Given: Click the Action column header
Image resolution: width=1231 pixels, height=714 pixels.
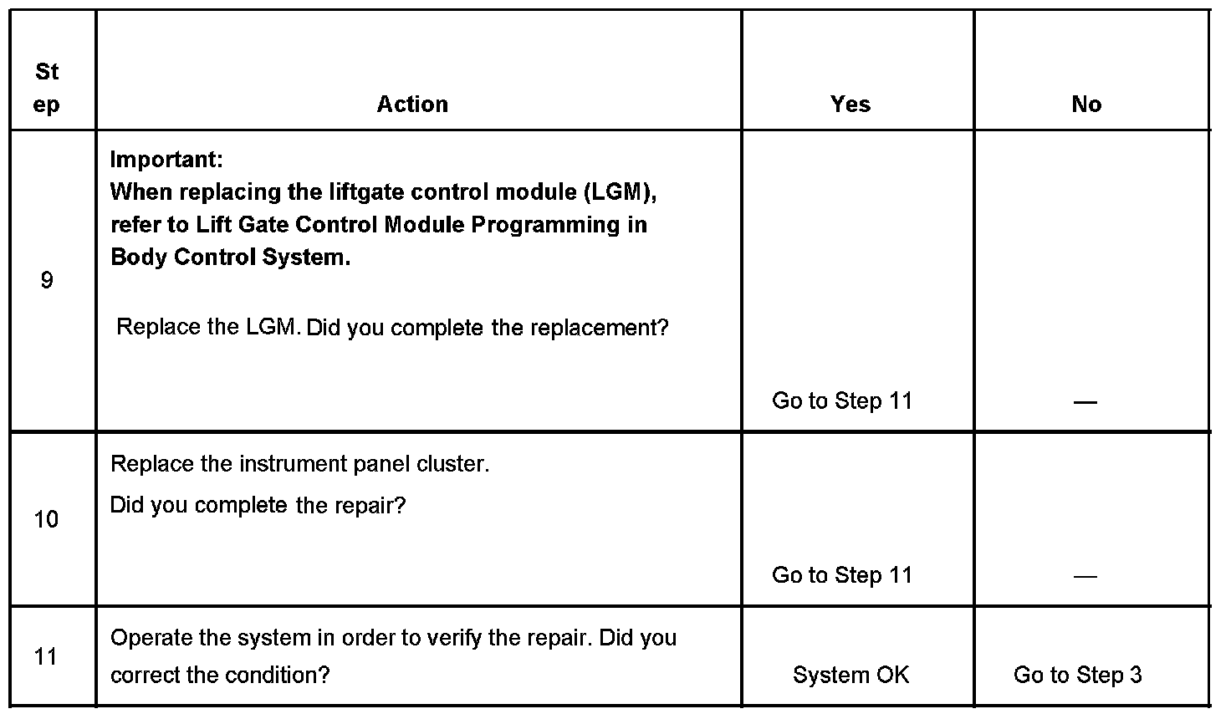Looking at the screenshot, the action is pyautogui.click(x=412, y=104).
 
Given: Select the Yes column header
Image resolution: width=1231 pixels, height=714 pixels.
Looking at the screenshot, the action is pyautogui.click(x=850, y=104).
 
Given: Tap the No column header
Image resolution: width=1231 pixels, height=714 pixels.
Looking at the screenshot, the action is pyautogui.click(x=1085, y=104).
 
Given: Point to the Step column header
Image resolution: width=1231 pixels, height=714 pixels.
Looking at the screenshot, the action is pyautogui.click(x=47, y=88).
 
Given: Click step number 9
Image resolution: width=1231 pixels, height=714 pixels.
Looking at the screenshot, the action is pyautogui.click(x=47, y=280).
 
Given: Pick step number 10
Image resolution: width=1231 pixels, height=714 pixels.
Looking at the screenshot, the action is pyautogui.click(x=46, y=519).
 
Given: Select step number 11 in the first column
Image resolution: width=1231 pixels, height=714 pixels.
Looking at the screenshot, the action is pyautogui.click(x=46, y=656).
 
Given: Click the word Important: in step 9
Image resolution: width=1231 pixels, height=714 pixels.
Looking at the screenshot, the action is pyautogui.click(x=166, y=159).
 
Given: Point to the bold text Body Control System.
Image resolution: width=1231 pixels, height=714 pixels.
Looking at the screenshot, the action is pyautogui.click(x=230, y=257).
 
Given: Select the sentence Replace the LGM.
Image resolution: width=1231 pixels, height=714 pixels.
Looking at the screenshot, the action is pyautogui.click(x=208, y=327).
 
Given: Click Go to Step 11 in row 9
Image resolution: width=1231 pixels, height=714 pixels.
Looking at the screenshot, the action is pyautogui.click(x=841, y=400).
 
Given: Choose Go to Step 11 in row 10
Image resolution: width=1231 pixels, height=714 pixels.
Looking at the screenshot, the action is pyautogui.click(x=841, y=574).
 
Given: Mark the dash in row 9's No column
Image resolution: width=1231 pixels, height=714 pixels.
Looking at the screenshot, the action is pyautogui.click(x=1085, y=402).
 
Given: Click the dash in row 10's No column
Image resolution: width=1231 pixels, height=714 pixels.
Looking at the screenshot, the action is pyautogui.click(x=1085, y=576).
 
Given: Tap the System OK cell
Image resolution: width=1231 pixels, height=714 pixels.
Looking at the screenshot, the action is pyautogui.click(x=850, y=675).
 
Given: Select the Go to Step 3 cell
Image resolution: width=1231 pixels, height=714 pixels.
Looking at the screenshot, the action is pyautogui.click(x=1077, y=675).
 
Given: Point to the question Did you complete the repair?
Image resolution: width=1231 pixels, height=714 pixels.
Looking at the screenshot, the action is pyautogui.click(x=258, y=505).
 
